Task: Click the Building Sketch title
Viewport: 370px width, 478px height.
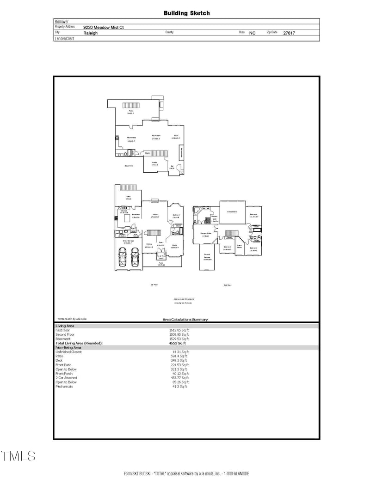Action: click(x=186, y=13)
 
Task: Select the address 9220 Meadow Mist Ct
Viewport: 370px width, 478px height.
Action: click(x=104, y=27)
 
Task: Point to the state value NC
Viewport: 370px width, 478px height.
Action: click(x=253, y=33)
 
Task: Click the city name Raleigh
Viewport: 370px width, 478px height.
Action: click(x=91, y=33)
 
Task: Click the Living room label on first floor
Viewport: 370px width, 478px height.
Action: click(x=155, y=215)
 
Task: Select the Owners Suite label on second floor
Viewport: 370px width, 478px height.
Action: click(x=206, y=234)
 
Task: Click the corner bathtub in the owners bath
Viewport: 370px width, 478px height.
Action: click(x=197, y=212)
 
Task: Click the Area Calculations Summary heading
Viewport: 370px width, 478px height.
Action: click(x=185, y=320)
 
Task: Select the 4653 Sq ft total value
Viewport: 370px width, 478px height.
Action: click(x=178, y=343)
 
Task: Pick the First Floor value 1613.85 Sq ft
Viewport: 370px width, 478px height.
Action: click(x=179, y=331)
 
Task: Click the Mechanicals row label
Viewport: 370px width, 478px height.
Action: click(x=64, y=386)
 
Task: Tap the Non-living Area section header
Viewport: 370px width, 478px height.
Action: click(x=68, y=347)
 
